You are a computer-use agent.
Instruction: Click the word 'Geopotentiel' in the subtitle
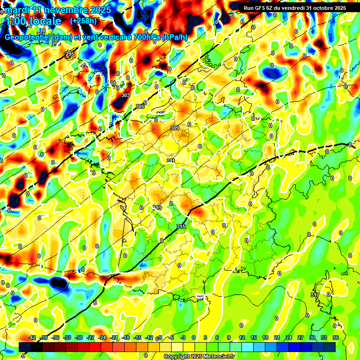28,37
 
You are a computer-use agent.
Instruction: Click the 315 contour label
181,227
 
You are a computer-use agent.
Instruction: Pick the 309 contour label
175,128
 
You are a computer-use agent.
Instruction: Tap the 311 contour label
171,161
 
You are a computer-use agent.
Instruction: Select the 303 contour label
126,96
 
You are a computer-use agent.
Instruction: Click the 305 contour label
140,107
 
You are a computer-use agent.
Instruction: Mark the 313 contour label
157,207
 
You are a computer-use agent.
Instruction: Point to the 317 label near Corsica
315,295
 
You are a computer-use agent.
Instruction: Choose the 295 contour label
70,54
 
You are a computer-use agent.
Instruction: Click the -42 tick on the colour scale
32,337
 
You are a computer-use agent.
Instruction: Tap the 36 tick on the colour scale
336,337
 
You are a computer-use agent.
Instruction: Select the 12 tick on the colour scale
242,337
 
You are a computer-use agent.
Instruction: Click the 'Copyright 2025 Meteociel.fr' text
199,357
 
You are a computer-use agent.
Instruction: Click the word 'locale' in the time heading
44,22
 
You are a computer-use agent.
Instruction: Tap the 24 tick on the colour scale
289,337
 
